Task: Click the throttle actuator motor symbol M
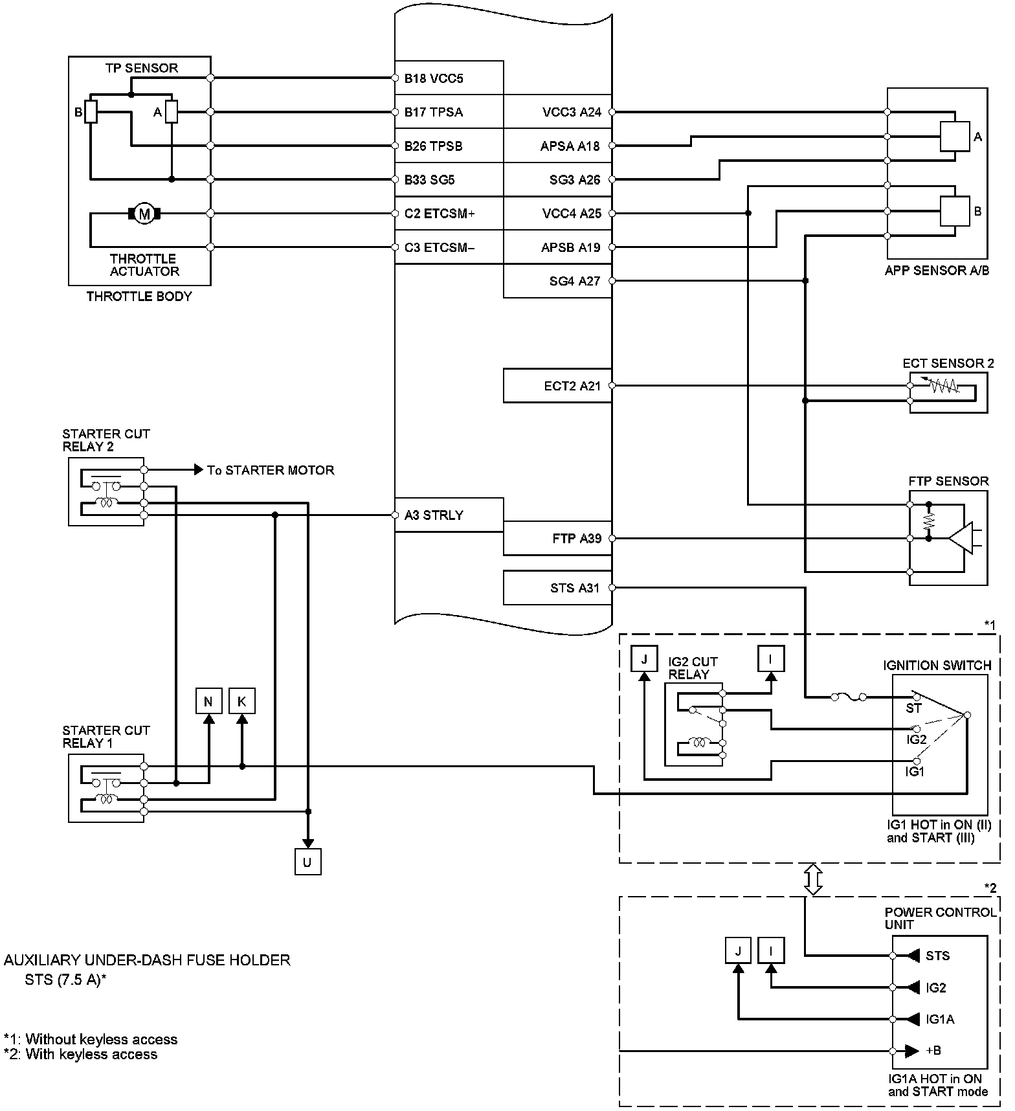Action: pos(144,213)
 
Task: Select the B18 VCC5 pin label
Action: pos(434,79)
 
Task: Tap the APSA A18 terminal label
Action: pos(570,146)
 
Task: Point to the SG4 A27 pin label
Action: pos(574,281)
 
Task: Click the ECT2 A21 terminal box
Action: pos(557,386)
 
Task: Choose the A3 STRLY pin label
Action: pos(434,515)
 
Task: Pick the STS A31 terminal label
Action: pos(575,588)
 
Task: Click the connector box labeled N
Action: pos(208,701)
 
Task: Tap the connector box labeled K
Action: pos(242,701)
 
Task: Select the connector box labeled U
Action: pos(307,862)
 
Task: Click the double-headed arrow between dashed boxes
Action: pos(813,879)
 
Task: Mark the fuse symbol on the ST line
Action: pos(848,697)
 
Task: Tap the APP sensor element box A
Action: pos(955,137)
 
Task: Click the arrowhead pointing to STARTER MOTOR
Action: pos(198,470)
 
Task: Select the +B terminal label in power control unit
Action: pos(933,1050)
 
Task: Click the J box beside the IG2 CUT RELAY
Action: pos(644,658)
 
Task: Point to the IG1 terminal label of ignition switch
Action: pos(915,772)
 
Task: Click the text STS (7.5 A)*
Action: pos(65,980)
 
